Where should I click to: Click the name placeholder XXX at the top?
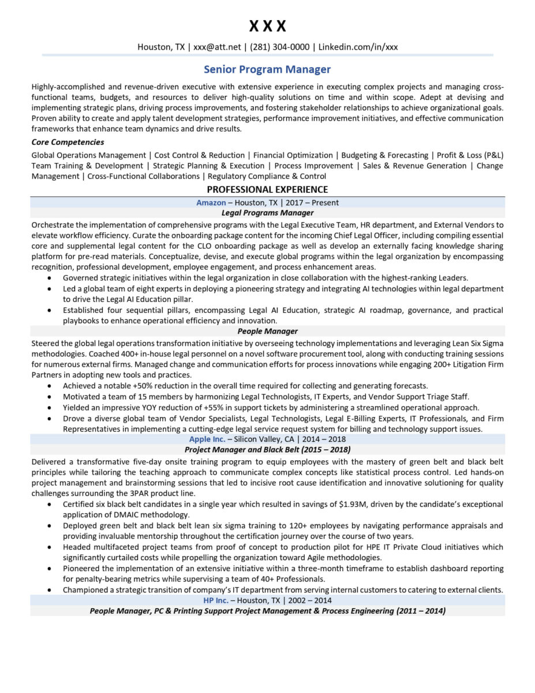click(x=267, y=26)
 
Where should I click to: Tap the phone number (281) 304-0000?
click(x=279, y=47)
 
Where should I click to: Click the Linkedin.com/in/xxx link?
click(x=358, y=47)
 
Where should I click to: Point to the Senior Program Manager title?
click(x=267, y=69)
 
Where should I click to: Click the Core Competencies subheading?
click(x=68, y=142)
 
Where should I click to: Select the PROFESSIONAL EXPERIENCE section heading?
click(x=267, y=189)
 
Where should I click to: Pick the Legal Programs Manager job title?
click(x=267, y=213)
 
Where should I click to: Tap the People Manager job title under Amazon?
click(x=267, y=331)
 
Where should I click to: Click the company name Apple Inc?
click(x=207, y=439)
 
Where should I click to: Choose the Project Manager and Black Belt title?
click(x=267, y=449)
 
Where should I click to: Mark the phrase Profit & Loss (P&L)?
click(x=470, y=155)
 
